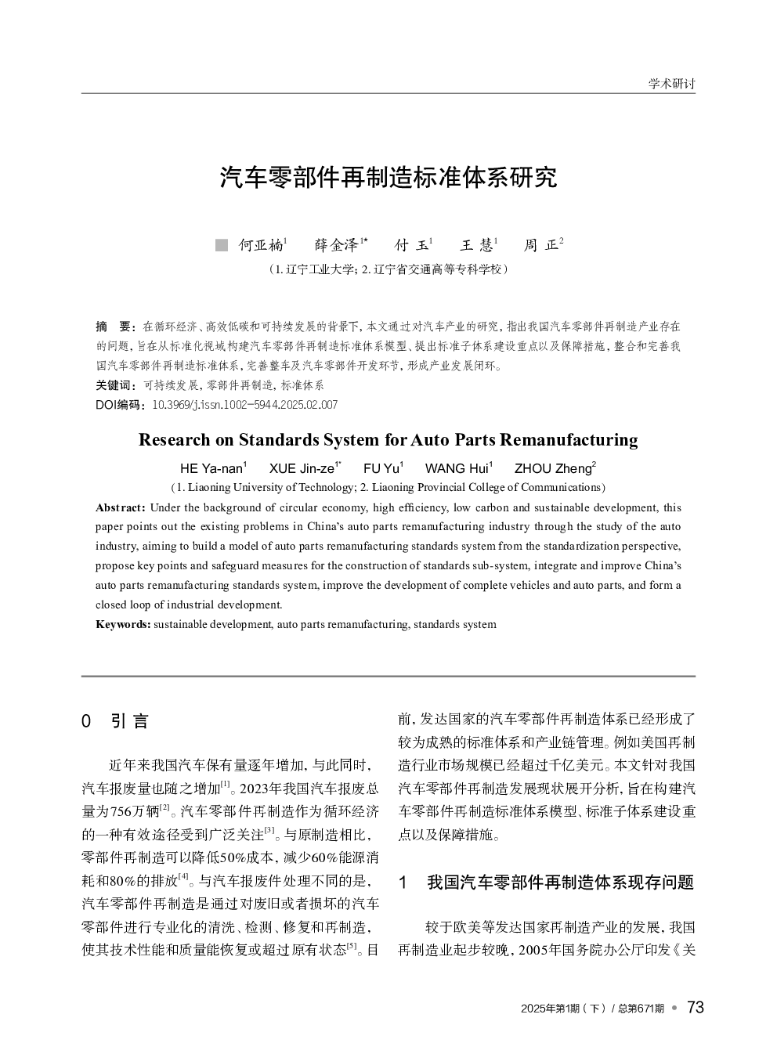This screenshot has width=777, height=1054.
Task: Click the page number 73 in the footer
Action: point(695,1008)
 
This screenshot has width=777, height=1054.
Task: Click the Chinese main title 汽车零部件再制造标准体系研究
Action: point(388,178)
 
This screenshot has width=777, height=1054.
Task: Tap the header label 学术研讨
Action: point(671,84)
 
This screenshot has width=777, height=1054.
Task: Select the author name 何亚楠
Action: point(261,245)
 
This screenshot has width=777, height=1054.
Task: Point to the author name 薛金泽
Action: point(336,245)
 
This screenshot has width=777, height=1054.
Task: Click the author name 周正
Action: point(541,245)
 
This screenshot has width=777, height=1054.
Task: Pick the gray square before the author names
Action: point(221,246)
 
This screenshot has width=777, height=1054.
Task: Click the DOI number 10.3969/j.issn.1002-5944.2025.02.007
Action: point(244,405)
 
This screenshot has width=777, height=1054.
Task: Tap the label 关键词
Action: point(111,385)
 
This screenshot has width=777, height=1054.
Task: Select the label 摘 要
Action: point(114,326)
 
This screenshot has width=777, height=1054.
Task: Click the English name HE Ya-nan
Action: point(211,469)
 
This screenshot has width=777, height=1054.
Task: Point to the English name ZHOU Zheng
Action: point(553,469)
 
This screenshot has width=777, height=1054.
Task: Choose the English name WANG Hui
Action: point(457,469)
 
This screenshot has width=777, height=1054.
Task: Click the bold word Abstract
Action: point(120,507)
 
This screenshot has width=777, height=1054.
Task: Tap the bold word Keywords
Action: point(123,624)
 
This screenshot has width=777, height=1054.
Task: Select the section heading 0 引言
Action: point(115,721)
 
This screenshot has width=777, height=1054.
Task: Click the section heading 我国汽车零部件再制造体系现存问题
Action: point(560,883)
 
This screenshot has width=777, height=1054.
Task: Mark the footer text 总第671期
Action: point(641,1009)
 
